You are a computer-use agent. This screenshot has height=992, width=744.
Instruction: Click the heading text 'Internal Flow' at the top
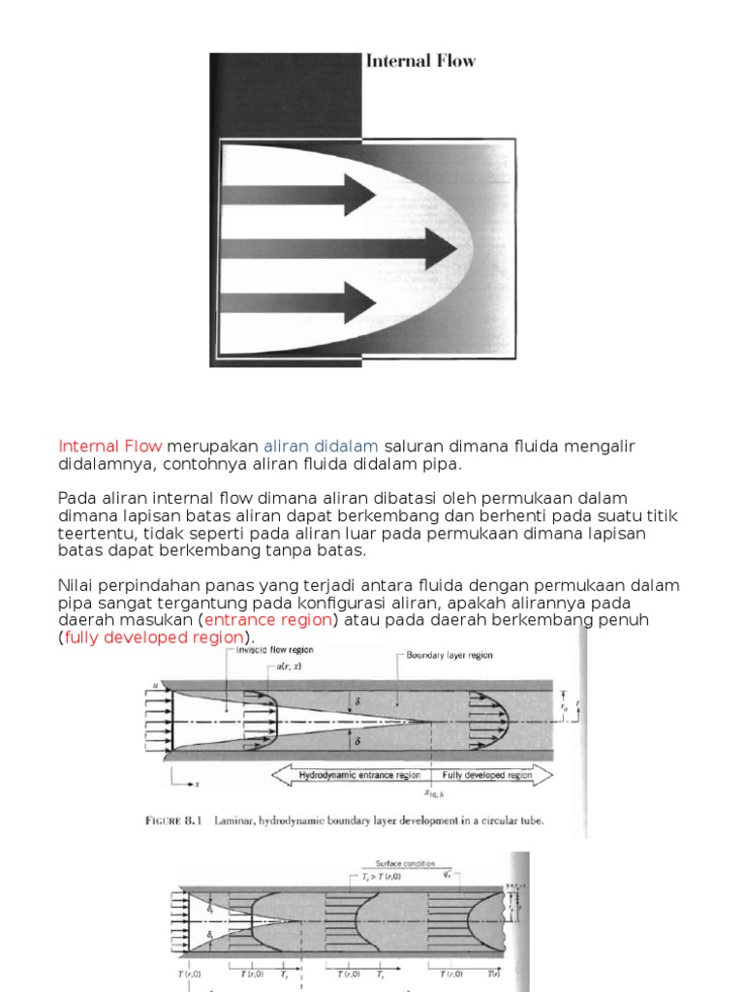click(420, 61)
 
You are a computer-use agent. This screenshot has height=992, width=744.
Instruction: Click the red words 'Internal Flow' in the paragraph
click(110, 446)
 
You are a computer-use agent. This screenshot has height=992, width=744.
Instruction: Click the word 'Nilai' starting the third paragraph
click(77, 585)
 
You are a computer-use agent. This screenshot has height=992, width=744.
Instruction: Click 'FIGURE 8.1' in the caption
click(173, 821)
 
